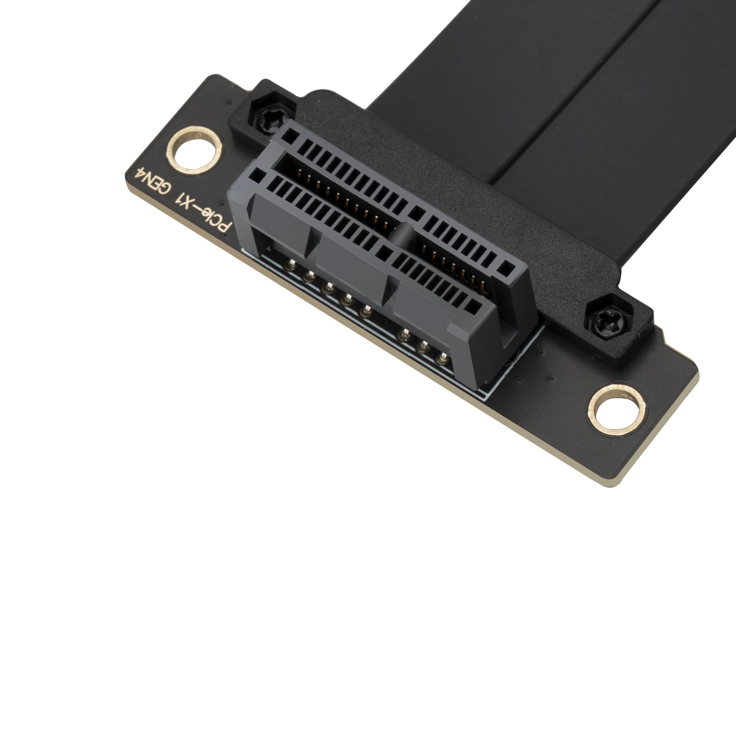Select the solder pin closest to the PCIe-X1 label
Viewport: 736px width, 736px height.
290,264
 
